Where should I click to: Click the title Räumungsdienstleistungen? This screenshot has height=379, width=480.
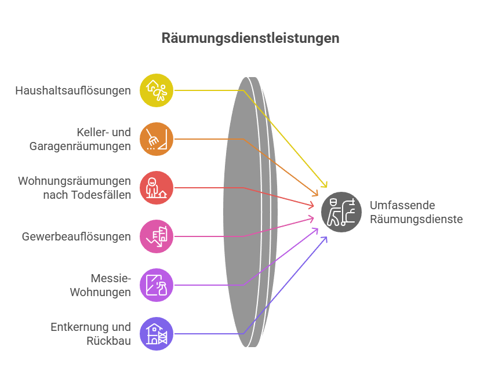tap(250, 38)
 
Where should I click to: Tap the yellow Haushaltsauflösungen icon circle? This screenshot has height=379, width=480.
tap(157, 90)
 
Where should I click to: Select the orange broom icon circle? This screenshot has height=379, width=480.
tap(157, 139)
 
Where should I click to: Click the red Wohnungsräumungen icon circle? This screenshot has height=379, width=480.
tap(157, 188)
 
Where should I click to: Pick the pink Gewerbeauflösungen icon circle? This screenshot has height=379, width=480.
tap(157, 236)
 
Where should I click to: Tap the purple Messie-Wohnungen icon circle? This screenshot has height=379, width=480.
tap(157, 285)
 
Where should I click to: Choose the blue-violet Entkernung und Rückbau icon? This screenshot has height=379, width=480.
tap(157, 334)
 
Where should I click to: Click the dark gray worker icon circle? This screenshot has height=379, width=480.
tap(341, 212)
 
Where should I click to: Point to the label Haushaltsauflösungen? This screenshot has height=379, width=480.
tap(73, 90)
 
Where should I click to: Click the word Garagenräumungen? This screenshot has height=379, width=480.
tap(80, 147)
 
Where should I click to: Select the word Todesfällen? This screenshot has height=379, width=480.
tap(102, 195)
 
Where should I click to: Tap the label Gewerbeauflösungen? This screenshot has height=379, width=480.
tap(76, 236)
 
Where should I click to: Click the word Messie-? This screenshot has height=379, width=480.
tap(111, 278)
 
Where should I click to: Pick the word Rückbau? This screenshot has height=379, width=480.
tap(108, 341)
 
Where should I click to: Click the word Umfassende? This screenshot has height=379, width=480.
tap(402, 205)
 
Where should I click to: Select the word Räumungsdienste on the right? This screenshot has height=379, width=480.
tap(416, 219)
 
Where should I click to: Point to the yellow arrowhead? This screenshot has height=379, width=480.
tap(324, 184)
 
